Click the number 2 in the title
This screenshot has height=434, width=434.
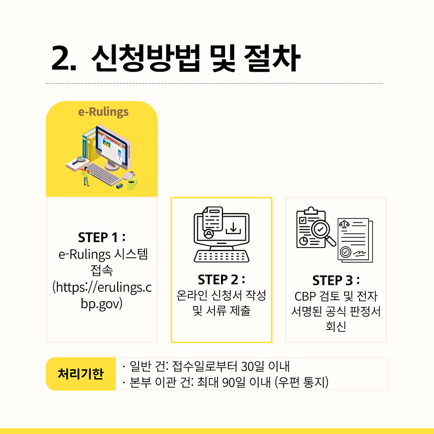[62, 58]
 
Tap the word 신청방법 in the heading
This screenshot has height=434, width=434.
[146, 58]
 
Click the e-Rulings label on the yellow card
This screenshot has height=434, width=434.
[103, 112]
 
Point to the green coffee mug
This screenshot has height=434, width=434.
[132, 183]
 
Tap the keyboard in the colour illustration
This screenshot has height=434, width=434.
[103, 174]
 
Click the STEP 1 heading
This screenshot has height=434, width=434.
[101, 237]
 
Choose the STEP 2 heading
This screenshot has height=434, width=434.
[221, 279]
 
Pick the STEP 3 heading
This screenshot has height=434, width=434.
[336, 280]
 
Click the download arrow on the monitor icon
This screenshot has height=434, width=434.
[233, 228]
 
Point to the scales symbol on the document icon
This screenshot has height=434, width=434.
[344, 224]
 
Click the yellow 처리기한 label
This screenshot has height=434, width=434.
[81, 374]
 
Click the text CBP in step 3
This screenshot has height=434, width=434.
[305, 296]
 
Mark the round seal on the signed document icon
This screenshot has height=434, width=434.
[345, 252]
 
